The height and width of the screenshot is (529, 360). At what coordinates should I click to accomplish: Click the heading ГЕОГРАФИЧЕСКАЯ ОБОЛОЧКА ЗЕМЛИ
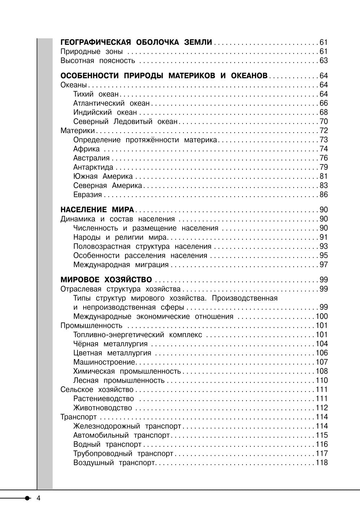tap(136, 42)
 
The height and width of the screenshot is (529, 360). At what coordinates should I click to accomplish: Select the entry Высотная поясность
tap(98, 61)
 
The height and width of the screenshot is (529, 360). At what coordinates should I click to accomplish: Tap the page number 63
tap(324, 61)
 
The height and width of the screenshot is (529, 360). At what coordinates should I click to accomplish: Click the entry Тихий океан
tap(96, 94)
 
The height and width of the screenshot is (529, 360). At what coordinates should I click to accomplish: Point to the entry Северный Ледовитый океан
tap(125, 122)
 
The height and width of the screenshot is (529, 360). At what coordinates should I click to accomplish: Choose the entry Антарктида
tap(93, 167)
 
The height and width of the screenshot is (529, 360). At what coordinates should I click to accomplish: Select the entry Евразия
tap(88, 195)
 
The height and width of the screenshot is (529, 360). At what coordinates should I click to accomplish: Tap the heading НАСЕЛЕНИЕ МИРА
tap(97, 210)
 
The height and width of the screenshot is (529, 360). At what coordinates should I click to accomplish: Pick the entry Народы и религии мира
tap(120, 237)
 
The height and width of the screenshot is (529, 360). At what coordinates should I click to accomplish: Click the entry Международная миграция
tap(121, 265)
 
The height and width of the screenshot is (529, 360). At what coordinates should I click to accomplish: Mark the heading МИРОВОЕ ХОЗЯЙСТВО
tap(106, 280)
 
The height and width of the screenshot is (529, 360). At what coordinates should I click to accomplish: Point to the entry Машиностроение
tap(104, 362)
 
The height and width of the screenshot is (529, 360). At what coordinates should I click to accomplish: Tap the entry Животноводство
tap(103, 408)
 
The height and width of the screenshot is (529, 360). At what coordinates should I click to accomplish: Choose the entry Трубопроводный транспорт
tap(123, 454)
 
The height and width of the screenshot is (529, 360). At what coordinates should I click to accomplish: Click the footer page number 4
tap(39, 498)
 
